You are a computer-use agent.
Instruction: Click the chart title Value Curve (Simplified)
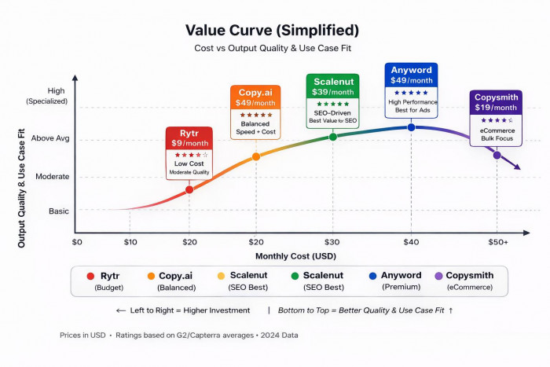coord(272,30)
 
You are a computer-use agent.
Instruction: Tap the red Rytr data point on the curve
coord(189,189)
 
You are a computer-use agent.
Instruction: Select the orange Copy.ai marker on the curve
coord(255,156)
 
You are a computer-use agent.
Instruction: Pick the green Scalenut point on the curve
coord(332,137)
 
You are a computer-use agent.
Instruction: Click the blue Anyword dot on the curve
coord(411,127)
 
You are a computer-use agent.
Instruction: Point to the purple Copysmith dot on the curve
coord(497,155)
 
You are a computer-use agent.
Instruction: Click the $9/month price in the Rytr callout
coord(189,143)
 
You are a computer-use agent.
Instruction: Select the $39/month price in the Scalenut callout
coord(332,92)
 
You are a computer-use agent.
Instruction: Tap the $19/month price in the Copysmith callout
coord(496,108)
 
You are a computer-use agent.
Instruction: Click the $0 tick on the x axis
coord(77,242)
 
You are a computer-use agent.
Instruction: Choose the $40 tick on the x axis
coord(411,242)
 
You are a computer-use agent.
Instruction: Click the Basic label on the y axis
coord(59,211)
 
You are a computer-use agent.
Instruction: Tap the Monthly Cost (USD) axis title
coord(291,256)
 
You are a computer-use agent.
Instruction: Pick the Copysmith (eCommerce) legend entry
coord(467,281)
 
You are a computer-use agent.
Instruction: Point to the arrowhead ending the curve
coord(517,167)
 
